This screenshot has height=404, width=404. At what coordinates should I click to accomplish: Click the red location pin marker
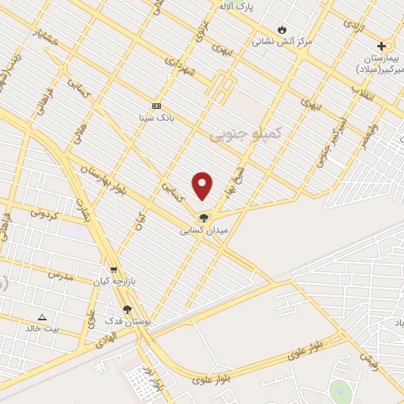(203, 185)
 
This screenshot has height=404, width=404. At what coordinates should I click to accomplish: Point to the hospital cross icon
(382, 47)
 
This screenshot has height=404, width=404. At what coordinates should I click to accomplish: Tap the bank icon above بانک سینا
(156, 106)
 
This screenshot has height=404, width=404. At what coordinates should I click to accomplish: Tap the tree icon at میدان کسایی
(204, 219)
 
